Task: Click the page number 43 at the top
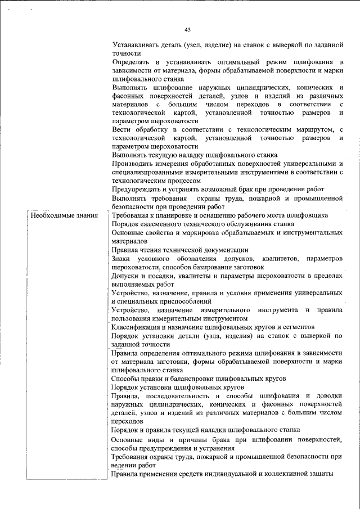pos(188,30)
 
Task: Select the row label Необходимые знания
pos(64,215)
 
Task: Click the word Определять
pos(130,61)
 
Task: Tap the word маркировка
pos(205,232)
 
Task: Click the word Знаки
pos(121,258)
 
